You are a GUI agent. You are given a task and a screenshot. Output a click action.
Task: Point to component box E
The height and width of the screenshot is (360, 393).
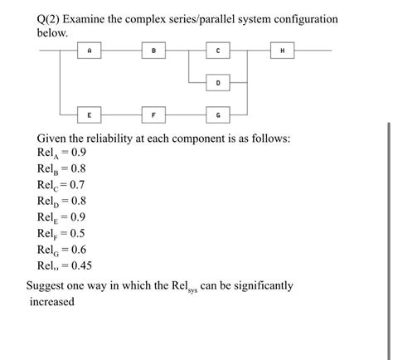90,114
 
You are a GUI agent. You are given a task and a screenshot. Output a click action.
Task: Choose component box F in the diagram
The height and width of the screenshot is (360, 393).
153,114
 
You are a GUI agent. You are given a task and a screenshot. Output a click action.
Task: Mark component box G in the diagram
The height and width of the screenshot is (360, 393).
218,114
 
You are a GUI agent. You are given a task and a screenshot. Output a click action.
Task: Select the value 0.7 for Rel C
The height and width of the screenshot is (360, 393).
75,184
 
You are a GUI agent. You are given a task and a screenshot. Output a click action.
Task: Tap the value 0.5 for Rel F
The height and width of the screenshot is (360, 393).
74,233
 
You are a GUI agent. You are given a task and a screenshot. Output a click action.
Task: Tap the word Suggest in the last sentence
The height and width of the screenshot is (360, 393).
49,286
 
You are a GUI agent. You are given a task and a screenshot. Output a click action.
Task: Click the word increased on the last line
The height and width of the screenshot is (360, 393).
51,302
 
